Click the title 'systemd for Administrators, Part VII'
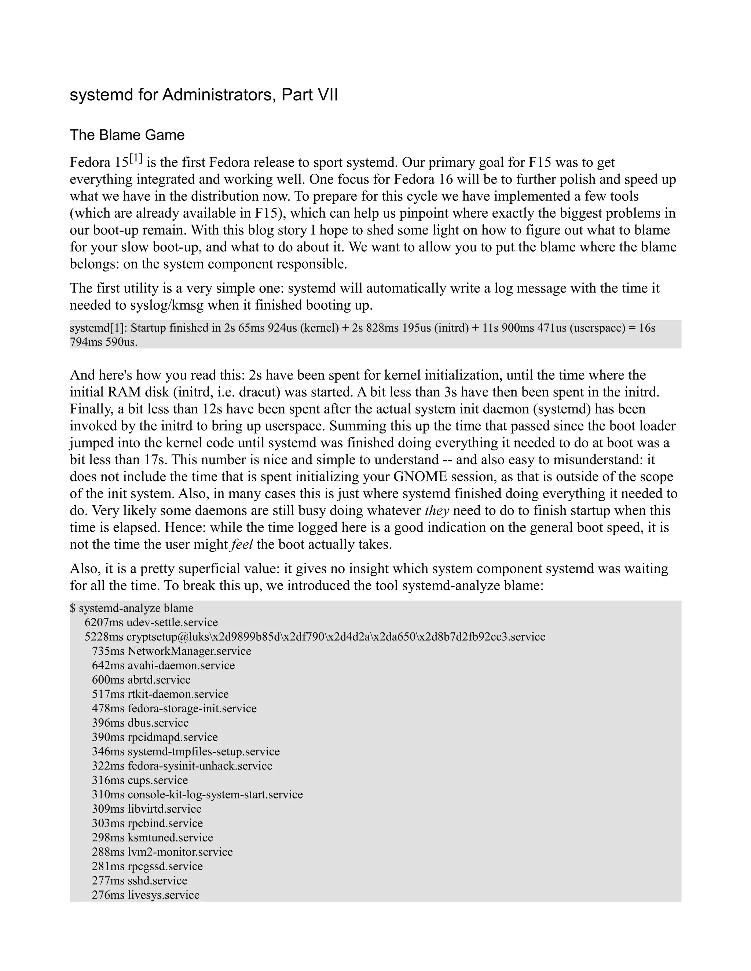(x=204, y=95)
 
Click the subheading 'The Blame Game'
(x=127, y=135)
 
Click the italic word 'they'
(x=436, y=510)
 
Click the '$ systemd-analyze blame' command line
(x=132, y=608)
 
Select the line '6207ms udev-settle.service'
(x=151, y=623)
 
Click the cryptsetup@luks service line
(x=315, y=637)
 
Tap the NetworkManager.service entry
(x=172, y=651)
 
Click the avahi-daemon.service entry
(x=163, y=665)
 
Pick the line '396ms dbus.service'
(x=140, y=723)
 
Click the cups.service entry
(x=140, y=780)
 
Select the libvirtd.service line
(x=147, y=809)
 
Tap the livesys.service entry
(x=146, y=895)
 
